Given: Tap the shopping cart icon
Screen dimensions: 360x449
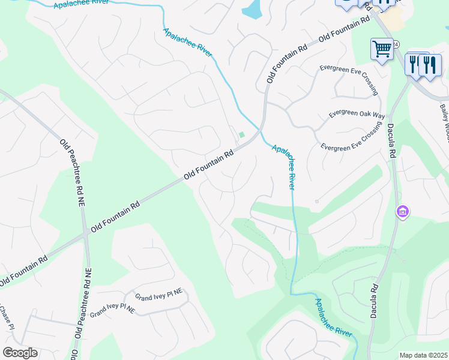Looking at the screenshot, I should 382,49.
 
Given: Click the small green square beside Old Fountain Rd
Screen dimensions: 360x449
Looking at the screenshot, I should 242,134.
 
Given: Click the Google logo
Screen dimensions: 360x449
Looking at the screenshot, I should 20,353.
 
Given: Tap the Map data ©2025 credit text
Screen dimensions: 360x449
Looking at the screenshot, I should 423,355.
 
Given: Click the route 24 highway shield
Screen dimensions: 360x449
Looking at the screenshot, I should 396,43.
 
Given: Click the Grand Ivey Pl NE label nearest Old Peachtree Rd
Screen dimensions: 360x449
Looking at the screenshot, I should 112,310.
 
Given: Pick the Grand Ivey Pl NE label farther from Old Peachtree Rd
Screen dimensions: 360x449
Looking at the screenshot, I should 158,296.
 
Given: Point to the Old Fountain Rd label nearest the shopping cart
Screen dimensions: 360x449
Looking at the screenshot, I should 344,29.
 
